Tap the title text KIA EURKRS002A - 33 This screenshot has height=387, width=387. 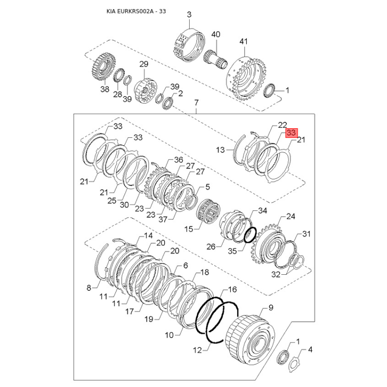point(136,11)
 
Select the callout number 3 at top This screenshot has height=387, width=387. point(189,15)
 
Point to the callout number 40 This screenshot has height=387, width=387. point(216,34)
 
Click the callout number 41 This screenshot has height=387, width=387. point(244,41)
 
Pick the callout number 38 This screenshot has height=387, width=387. point(104,89)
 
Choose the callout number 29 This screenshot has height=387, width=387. point(144,64)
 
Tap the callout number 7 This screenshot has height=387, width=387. point(196,102)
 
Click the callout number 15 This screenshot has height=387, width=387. point(189,229)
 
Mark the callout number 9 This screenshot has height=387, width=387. point(271,308)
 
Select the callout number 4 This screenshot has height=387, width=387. point(310,350)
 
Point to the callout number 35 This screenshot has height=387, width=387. point(232,251)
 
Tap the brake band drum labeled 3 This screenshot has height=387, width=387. point(190,44)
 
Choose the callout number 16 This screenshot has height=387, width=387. point(232,289)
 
